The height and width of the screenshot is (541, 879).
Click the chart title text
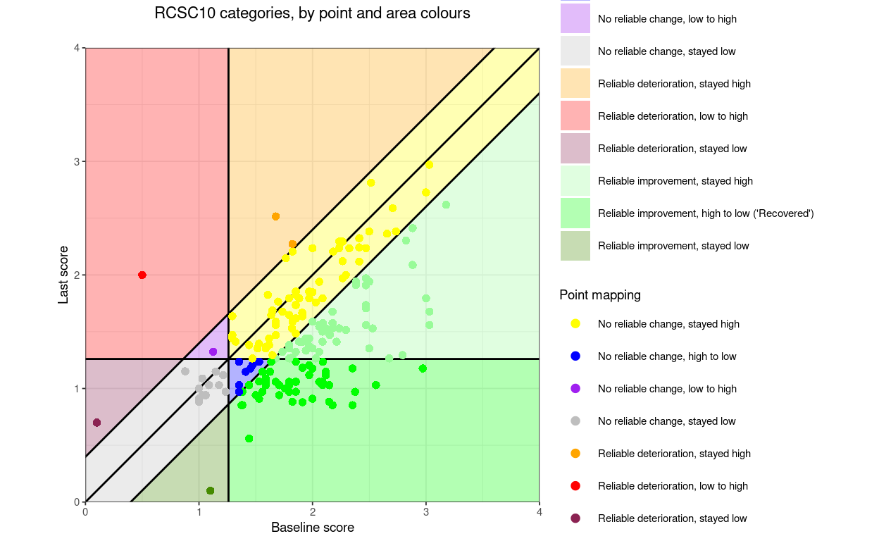coord(312,13)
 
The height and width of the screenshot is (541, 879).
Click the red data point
coord(142,275)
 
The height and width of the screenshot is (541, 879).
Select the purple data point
coord(213,352)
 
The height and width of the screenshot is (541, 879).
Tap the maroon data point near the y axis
coord(96,423)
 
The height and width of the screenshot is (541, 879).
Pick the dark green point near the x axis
coord(210,490)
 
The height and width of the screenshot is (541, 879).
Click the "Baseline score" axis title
coord(312,528)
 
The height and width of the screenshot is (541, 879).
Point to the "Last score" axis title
coord(63,275)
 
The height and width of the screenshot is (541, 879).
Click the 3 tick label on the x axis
coord(425,512)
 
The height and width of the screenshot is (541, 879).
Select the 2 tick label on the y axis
coord(77,275)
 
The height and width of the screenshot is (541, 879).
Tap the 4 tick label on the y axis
coord(77,48)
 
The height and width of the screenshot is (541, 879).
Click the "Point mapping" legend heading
coord(600,295)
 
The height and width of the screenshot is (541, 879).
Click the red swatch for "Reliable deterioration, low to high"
coord(575,116)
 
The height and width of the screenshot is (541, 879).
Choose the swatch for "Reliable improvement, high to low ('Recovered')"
coord(575,213)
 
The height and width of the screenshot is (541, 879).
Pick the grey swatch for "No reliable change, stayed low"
coord(575,51)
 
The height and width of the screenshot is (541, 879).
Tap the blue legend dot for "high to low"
coord(575,356)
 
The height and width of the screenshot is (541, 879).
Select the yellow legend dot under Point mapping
coord(575,324)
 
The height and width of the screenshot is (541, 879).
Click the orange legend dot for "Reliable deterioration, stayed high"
coord(575,454)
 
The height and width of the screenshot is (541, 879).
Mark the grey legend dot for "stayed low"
coord(575,421)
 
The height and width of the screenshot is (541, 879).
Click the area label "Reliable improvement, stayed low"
coord(673,246)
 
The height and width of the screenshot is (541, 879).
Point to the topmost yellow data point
coord(429,165)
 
